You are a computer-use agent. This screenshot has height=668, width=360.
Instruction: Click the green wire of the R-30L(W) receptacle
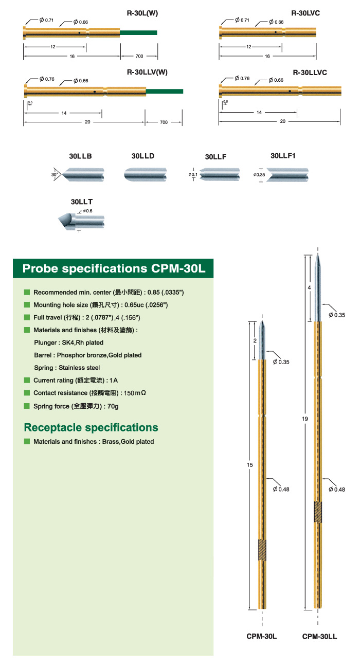(x=138, y=32)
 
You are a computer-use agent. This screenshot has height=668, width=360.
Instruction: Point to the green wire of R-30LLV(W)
(x=165, y=92)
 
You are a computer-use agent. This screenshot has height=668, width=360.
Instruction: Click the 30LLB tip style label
(x=80, y=156)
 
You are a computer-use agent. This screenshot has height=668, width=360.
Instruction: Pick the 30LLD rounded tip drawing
(x=145, y=173)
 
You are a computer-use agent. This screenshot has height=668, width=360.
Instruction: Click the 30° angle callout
(x=55, y=175)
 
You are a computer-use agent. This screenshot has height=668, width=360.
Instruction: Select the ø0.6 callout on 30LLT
(x=87, y=211)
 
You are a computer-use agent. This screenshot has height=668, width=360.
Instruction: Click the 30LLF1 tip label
(x=283, y=156)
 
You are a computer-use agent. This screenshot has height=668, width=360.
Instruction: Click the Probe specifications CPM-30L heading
(x=114, y=268)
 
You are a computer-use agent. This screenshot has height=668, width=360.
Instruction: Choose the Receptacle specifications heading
(x=91, y=427)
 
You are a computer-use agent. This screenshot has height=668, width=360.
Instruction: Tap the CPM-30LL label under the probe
(x=319, y=636)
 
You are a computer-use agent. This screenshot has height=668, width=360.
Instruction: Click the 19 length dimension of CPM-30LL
(x=305, y=420)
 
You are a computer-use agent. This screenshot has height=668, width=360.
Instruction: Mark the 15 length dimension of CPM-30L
(x=250, y=465)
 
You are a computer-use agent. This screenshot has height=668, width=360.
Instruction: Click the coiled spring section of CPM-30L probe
(x=262, y=550)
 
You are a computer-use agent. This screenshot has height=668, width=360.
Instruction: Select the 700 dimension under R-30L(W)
(x=139, y=56)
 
